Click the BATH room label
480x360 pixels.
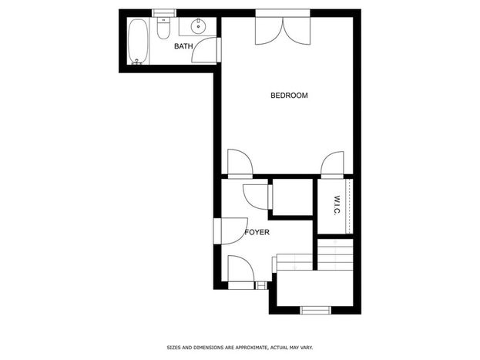click(183, 46)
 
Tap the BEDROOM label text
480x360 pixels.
click(289, 96)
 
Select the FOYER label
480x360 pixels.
click(257, 232)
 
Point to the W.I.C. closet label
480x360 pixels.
click(337, 205)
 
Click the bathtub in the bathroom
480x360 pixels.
click(138, 42)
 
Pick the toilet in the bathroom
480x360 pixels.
click(163, 29)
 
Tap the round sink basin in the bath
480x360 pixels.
click(198, 27)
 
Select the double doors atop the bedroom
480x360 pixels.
click(284, 31)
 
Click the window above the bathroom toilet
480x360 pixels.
click(164, 13)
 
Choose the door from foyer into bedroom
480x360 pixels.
click(240, 163)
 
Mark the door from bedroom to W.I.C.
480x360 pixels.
click(332, 164)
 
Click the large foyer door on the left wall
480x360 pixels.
click(231, 230)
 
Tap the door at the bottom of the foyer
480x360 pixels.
click(241, 272)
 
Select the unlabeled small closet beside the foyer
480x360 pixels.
click(292, 197)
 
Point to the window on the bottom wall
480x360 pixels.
click(316, 310)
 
